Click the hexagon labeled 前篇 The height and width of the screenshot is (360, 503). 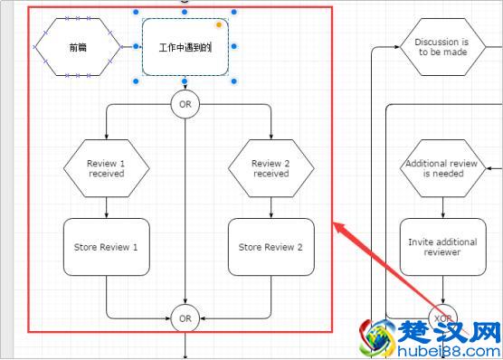[78, 46]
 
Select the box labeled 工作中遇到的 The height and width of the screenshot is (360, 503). [185, 47]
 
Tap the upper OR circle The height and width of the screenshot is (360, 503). [185, 104]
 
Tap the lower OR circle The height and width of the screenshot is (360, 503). [185, 317]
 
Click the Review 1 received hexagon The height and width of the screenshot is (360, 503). [106, 168]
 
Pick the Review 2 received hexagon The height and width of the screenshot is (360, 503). [270, 168]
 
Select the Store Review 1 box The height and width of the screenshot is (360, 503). [106, 247]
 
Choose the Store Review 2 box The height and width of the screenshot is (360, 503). [270, 247]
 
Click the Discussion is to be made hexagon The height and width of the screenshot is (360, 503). [441, 47]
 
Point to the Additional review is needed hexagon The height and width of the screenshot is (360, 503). [441, 168]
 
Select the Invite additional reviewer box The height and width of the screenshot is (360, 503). [441, 247]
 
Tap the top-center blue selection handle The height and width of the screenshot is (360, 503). [185, 13]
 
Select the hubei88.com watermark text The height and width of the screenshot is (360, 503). [449, 351]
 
